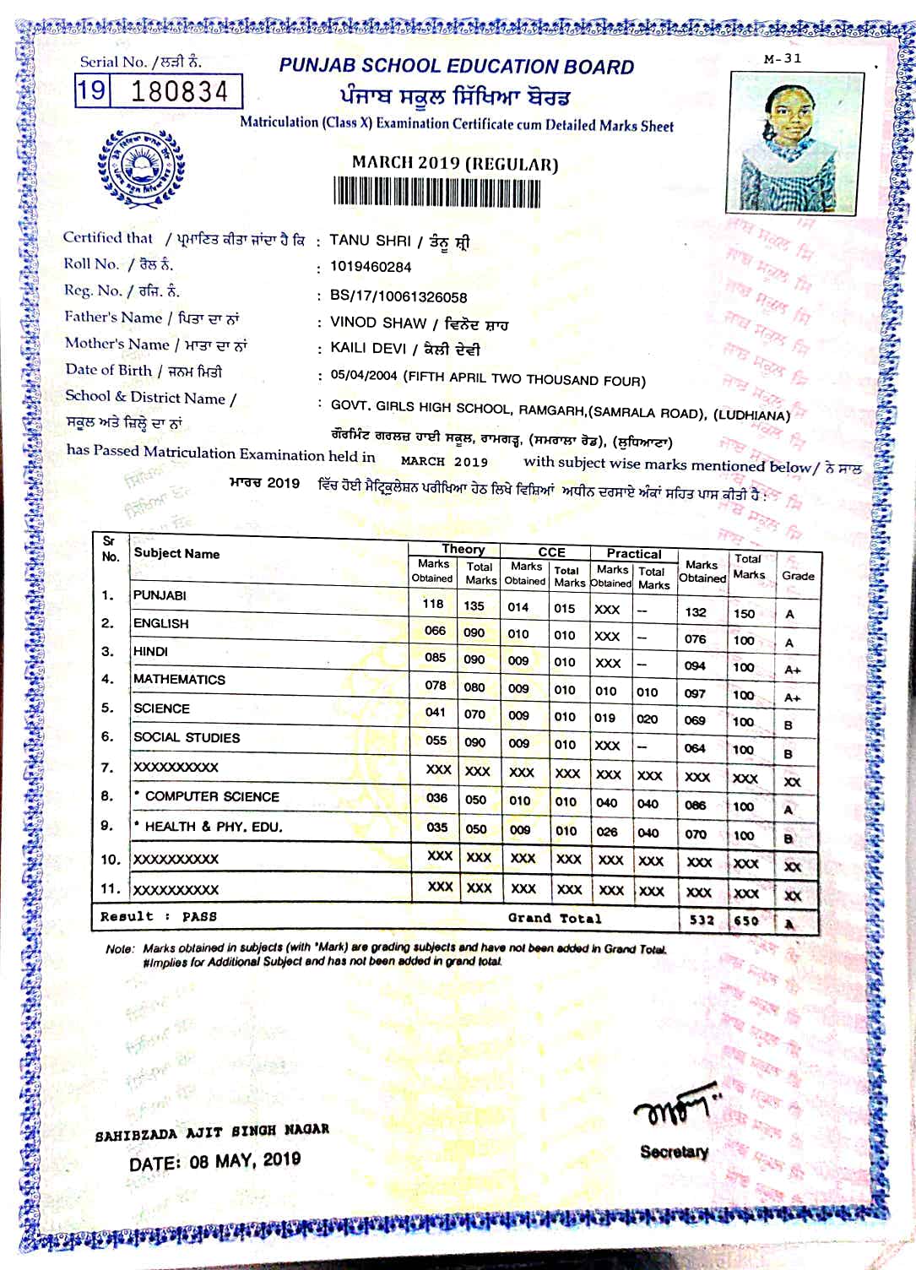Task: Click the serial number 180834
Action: pyautogui.click(x=179, y=90)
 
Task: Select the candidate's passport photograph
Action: pyautogui.click(x=794, y=142)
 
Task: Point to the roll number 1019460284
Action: pyautogui.click(x=371, y=267)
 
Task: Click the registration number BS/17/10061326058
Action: pyautogui.click(x=398, y=296)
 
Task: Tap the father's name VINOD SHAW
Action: pyautogui.click(x=377, y=323)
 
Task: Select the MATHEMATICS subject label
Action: pyautogui.click(x=179, y=680)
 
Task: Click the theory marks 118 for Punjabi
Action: pyautogui.click(x=433, y=604)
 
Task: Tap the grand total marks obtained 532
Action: pyautogui.click(x=701, y=920)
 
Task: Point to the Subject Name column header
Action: pyautogui.click(x=176, y=554)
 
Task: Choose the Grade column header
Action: pyautogui.click(x=797, y=576)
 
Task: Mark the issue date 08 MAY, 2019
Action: pyautogui.click(x=214, y=1160)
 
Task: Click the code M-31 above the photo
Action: pyautogui.click(x=782, y=59)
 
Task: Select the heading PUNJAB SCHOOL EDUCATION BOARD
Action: pyautogui.click(x=456, y=67)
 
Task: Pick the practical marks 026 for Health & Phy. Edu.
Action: pyautogui.click(x=606, y=831)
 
